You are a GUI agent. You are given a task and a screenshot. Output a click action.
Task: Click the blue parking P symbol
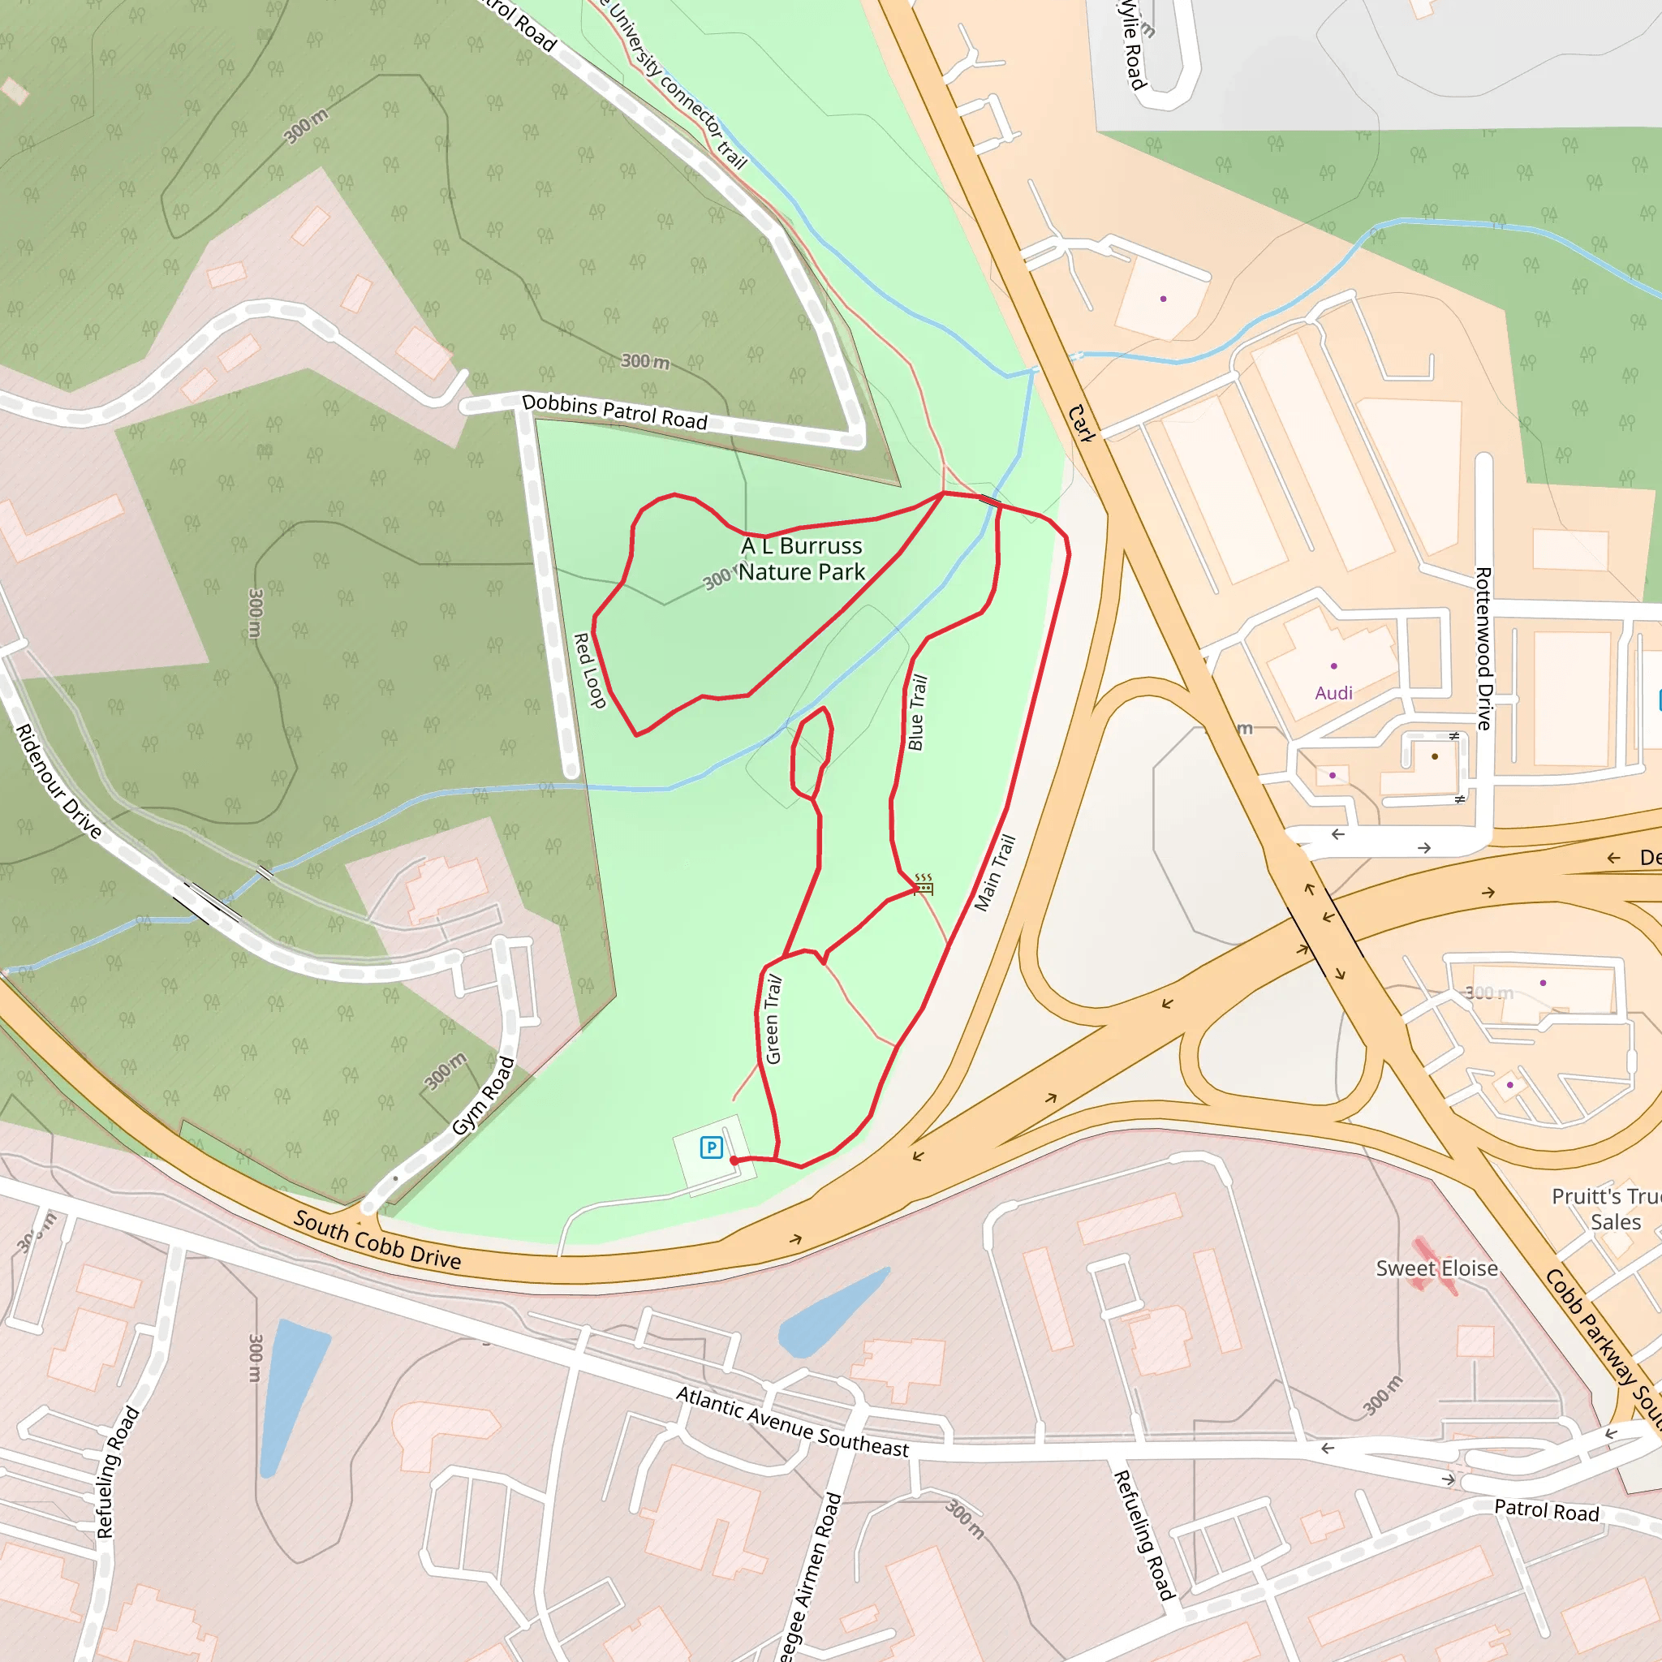(712, 1147)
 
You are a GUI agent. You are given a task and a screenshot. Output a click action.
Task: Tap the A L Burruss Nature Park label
(802, 559)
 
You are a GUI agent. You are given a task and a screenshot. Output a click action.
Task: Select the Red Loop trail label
(589, 670)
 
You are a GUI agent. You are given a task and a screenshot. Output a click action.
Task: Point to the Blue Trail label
(918, 713)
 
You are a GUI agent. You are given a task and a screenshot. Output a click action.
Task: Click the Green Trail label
(773, 1019)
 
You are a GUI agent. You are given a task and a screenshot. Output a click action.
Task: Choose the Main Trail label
(995, 872)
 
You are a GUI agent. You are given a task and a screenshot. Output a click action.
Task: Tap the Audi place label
(1333, 693)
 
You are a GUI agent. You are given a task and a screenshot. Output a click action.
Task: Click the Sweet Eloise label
(1436, 1269)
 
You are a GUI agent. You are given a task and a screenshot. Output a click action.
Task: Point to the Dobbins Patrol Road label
(614, 411)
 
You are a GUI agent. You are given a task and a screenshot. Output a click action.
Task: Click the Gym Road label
(484, 1096)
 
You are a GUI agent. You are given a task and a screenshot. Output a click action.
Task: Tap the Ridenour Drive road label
(58, 780)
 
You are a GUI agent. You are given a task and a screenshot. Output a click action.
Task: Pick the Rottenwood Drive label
(1483, 648)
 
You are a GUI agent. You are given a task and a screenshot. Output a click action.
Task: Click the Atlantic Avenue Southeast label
(791, 1423)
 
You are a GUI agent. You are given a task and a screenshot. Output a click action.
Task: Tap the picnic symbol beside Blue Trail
(924, 885)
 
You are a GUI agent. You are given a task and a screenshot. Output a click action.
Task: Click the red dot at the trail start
(734, 1160)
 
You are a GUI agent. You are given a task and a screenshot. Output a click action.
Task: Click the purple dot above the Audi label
(1334, 665)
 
